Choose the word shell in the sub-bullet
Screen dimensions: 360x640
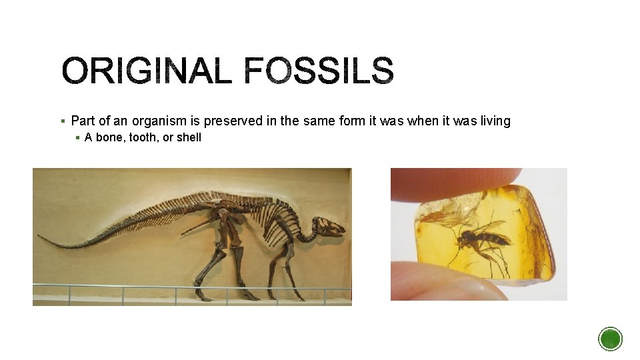coord(189,137)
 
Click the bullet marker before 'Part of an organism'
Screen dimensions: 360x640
coord(62,121)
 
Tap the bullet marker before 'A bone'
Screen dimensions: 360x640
coord(77,138)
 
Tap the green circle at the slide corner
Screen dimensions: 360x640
coord(610,339)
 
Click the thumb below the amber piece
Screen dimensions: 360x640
coord(440,280)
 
